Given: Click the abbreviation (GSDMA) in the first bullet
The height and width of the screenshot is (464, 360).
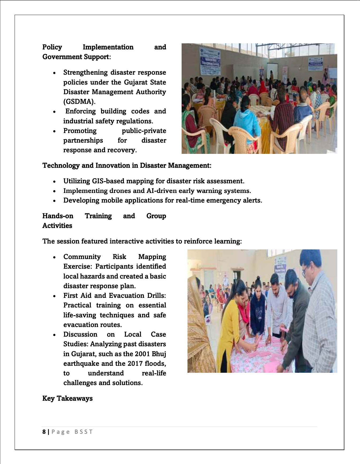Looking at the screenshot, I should tap(79, 102).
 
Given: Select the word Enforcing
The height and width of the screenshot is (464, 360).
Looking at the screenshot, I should tap(81, 111).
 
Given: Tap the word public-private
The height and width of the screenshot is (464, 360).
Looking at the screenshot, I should tap(144, 131).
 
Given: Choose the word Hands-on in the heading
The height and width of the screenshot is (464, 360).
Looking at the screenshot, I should tap(58, 216).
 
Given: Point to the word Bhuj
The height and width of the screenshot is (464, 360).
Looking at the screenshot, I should tap(159, 354).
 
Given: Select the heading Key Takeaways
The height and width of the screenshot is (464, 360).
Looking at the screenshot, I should tap(67, 398).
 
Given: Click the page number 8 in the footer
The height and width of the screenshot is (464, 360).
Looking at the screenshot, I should tap(44, 432).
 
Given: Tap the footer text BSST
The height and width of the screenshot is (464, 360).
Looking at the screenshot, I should tap(83, 432).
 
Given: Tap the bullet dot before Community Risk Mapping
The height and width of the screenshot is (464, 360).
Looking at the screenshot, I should tap(54, 257).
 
